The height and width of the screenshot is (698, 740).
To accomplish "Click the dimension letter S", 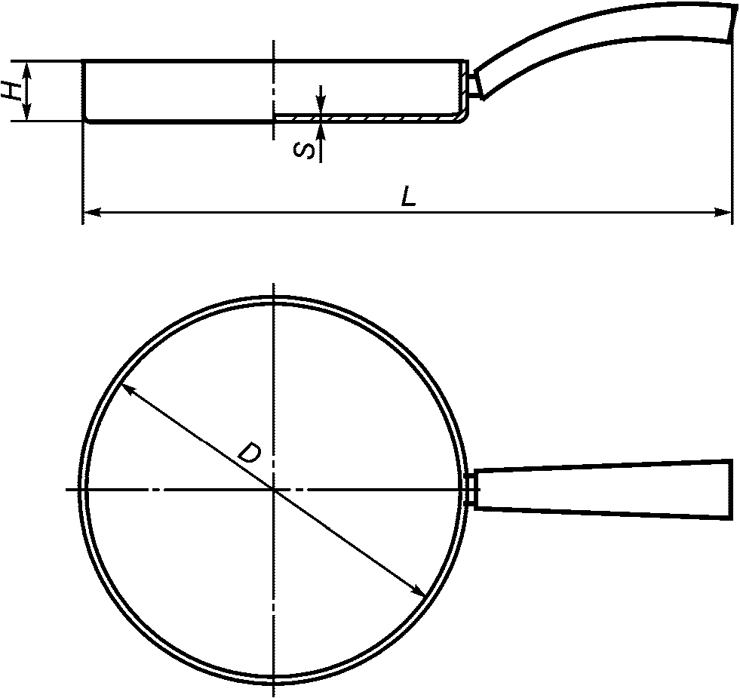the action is click(x=305, y=151).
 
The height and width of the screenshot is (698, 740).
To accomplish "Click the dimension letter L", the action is click(x=409, y=196).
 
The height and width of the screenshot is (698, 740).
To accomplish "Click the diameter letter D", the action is click(x=249, y=452).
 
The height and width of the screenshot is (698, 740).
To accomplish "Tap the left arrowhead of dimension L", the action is click(x=91, y=213).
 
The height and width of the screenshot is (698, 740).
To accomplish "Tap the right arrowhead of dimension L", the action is click(x=723, y=213).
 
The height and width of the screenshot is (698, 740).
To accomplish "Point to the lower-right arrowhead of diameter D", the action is click(x=418, y=590).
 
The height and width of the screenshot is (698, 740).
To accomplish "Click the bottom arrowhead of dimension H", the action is click(x=27, y=112).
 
